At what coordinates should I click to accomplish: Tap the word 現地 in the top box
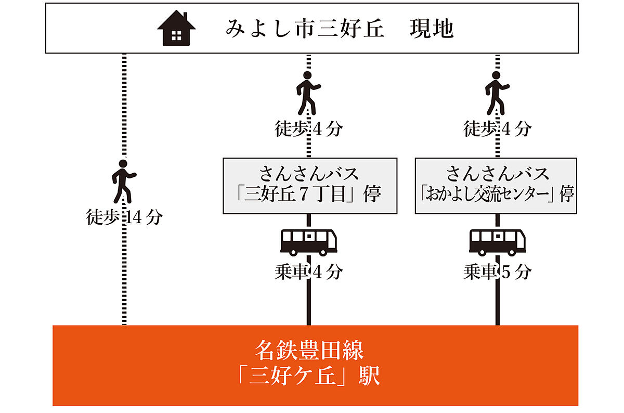click(x=431, y=29)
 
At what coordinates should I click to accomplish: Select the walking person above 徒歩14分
click(x=124, y=180)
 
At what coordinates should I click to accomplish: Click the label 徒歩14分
click(x=124, y=217)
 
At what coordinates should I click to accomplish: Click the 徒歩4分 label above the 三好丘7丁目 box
click(x=309, y=128)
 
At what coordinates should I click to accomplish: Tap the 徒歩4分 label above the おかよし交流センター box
click(x=497, y=128)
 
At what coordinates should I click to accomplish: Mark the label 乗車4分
click(x=309, y=272)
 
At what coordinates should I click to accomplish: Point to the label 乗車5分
click(x=497, y=272)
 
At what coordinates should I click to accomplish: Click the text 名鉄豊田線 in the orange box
click(x=309, y=351)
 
